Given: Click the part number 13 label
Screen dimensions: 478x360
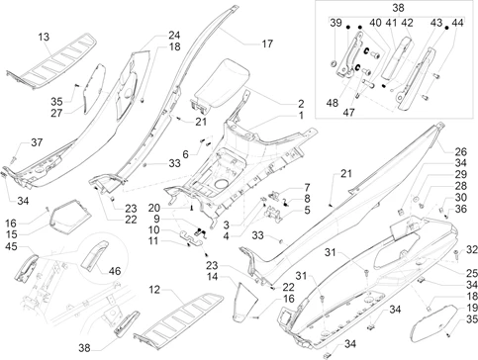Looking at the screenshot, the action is tap(44, 37).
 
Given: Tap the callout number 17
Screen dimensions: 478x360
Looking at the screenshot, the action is tap(267, 44).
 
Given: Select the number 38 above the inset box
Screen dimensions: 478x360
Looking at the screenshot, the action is tap(398, 8).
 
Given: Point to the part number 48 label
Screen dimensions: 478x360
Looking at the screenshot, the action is tap(333, 103).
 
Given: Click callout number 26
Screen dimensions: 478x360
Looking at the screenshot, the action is tap(461, 151).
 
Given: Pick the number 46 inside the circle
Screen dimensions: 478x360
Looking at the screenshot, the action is tap(115, 271).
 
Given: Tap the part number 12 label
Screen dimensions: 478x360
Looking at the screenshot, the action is tap(154, 290).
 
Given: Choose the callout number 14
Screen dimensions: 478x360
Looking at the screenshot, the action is tap(212, 276).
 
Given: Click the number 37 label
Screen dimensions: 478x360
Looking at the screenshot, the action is tap(37, 142).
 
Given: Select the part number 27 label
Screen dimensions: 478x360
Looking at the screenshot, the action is tap(56, 113).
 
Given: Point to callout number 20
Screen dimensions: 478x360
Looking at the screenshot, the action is tap(154, 208).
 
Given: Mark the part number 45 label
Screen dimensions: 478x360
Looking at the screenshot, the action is tap(11, 246).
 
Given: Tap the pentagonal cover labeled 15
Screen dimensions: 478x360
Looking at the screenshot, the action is tap(70, 216).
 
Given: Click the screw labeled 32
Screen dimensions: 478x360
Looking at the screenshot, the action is tap(456, 254).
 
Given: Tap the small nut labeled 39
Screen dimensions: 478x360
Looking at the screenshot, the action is tap(334, 63).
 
